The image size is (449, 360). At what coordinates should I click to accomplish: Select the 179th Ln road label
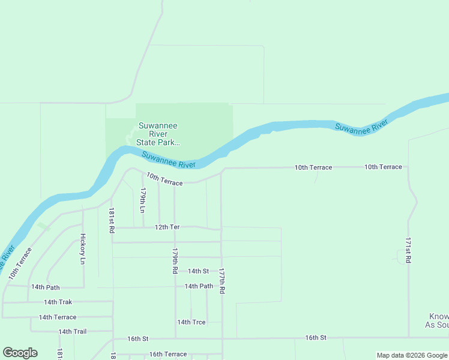click(143, 201)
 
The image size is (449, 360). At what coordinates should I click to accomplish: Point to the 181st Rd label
click(112, 220)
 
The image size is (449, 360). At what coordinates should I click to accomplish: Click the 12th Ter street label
click(167, 227)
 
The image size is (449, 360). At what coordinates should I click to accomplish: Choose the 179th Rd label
click(175, 261)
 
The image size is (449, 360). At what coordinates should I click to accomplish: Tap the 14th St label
click(198, 271)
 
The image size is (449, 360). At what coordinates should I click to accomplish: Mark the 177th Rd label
click(221, 280)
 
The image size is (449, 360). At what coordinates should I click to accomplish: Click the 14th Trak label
click(58, 302)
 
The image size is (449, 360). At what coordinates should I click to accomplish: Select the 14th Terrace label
click(58, 317)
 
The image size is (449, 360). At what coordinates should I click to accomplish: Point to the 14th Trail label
click(73, 331)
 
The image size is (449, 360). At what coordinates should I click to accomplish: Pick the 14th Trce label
click(191, 322)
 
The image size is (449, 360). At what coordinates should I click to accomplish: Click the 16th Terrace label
click(168, 354)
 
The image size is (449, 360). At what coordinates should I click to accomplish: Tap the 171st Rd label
click(408, 250)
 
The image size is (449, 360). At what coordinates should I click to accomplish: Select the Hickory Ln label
click(83, 249)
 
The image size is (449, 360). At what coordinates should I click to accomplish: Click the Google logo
click(20, 353)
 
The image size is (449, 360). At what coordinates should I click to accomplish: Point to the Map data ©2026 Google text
click(411, 355)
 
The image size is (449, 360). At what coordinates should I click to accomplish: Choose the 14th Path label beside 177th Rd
click(199, 286)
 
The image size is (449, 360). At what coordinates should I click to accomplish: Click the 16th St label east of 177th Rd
click(315, 338)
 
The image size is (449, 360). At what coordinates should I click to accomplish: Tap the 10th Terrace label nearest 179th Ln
click(164, 179)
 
